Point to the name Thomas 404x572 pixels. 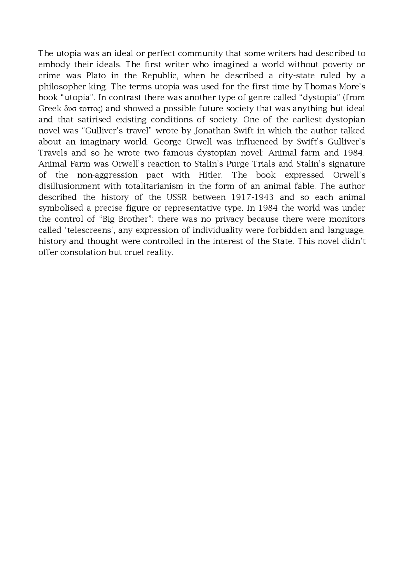tap(319, 87)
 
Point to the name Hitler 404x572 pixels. tap(211, 175)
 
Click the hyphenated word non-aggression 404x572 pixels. tap(107, 175)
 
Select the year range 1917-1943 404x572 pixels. tap(252, 197)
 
